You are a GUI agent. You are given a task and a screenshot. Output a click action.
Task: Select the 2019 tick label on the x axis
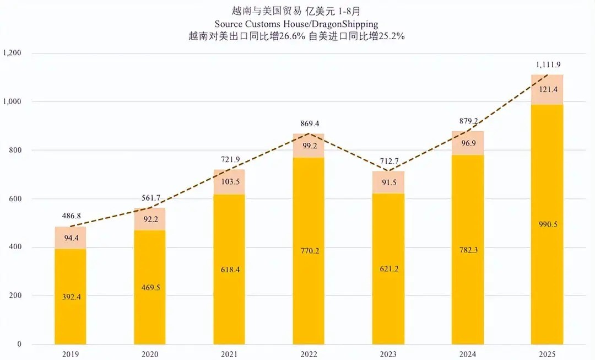pos(70,354)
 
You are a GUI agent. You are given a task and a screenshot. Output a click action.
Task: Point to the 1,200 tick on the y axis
pos(12,53)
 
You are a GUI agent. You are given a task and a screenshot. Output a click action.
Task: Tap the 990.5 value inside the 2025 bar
pos(547,224)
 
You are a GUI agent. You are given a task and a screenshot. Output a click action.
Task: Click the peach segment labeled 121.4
pos(547,89)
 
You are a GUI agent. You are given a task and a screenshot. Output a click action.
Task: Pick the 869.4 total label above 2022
pos(309,124)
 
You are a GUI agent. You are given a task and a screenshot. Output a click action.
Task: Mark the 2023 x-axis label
pos(388,354)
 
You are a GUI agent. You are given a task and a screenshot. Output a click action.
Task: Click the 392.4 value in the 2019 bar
pos(71,297)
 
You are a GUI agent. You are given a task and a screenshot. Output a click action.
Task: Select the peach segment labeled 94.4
pos(71,238)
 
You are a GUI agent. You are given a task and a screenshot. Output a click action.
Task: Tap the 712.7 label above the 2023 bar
pos(388,162)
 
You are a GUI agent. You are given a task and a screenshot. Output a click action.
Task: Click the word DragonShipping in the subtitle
pos(347,24)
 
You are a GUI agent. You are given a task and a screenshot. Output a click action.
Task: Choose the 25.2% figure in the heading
pos(392,36)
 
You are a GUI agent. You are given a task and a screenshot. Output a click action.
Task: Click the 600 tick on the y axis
pos(15,199)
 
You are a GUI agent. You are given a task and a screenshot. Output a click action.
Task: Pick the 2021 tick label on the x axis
pos(229,354)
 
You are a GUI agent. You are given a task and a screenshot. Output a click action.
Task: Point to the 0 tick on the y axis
pos(19,345)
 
